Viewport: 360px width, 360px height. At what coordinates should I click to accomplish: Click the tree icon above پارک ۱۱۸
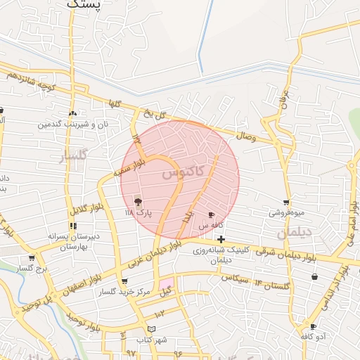(137, 201)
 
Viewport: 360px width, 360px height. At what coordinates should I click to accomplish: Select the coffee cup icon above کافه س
(211, 214)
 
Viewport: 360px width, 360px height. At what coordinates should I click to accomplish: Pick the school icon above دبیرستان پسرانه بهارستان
(72, 226)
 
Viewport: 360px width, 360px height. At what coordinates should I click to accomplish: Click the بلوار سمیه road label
(129, 169)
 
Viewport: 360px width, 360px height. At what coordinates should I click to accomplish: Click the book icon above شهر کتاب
(153, 329)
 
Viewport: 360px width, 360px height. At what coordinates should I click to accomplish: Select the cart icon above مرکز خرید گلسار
(124, 281)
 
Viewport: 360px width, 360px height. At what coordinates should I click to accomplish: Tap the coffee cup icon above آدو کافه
(313, 327)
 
